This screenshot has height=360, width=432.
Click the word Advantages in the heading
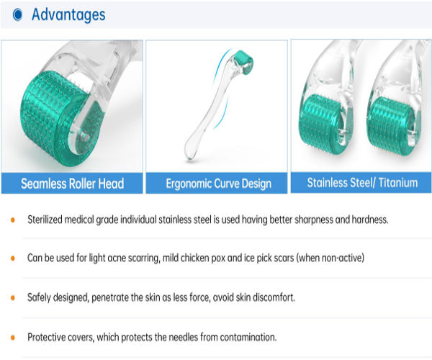coord(68,14)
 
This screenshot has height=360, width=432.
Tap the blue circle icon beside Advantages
coord(17,14)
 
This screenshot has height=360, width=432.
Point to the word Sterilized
coord(48,219)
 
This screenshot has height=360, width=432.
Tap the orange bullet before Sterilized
coord(12,219)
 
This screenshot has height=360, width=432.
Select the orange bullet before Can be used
coord(12,257)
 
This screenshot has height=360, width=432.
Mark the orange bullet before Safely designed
coord(12,297)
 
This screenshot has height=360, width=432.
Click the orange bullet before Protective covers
coord(12,336)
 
